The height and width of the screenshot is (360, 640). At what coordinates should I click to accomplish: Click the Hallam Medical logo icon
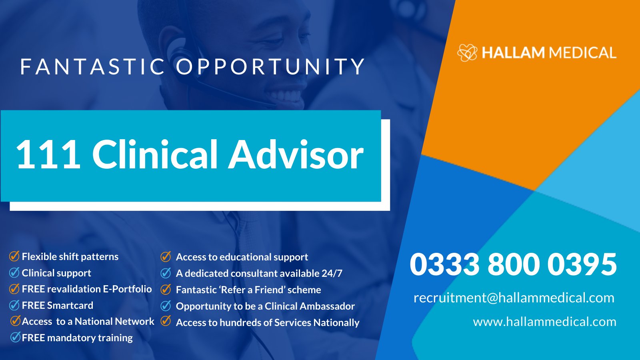(467, 52)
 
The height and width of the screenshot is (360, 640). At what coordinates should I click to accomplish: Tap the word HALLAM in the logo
(513, 53)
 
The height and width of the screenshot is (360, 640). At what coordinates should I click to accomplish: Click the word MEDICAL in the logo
(582, 53)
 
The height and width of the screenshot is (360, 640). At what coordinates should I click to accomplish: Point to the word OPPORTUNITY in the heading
(270, 66)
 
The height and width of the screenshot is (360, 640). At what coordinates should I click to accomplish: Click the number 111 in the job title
(48, 155)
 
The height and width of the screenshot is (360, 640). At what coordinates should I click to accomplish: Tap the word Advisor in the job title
(296, 155)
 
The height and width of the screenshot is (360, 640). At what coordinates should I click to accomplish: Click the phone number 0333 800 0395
(513, 264)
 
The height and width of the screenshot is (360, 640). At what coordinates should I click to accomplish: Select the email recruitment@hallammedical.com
(514, 298)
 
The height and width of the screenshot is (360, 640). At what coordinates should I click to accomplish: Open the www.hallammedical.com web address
(544, 322)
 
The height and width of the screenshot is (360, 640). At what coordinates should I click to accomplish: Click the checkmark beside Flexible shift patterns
(14, 256)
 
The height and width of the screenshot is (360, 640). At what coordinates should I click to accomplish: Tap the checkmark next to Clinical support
(14, 272)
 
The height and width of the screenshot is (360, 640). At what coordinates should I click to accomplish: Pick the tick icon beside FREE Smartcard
(14, 305)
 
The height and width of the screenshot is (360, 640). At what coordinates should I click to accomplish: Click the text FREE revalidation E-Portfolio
(87, 289)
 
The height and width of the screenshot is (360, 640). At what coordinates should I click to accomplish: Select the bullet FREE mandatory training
(77, 338)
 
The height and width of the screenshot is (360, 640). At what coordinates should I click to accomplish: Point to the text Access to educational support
(242, 257)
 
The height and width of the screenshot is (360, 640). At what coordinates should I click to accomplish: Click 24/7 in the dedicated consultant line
(332, 273)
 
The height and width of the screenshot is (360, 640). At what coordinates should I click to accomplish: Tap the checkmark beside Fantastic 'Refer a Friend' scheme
(166, 289)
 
